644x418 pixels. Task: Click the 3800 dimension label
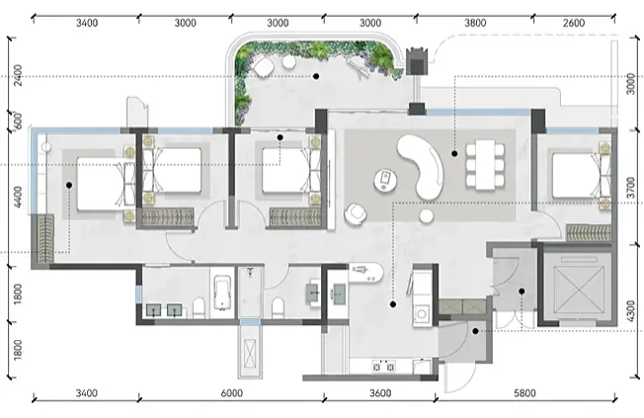(x=475, y=23)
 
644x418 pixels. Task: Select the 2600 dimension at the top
(x=574, y=23)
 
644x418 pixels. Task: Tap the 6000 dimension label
(x=232, y=393)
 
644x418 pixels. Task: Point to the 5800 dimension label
(x=524, y=393)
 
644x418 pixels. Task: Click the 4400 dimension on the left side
(x=18, y=197)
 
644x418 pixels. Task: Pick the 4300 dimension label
(x=631, y=311)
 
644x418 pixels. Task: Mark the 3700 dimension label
(x=631, y=188)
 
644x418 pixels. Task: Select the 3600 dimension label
(x=380, y=393)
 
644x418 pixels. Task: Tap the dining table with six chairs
(x=485, y=165)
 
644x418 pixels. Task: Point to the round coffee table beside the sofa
(x=385, y=181)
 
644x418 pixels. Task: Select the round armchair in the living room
(x=355, y=214)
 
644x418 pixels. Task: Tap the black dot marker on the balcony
(x=316, y=76)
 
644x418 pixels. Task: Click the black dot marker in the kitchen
(x=393, y=304)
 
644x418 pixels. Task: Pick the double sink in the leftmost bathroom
(x=164, y=310)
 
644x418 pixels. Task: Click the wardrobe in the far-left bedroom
(x=44, y=239)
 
